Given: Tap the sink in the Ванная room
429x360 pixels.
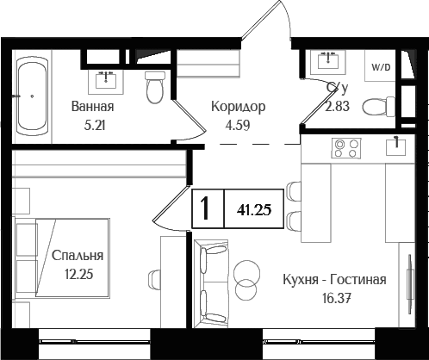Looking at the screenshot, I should tap(107, 78).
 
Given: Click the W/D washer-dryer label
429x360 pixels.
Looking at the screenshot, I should tap(379, 67).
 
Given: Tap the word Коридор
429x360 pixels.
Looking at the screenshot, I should tap(239, 108).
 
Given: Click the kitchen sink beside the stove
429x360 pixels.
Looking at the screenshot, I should tap(395, 147).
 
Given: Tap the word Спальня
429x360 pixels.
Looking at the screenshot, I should tap(78, 256).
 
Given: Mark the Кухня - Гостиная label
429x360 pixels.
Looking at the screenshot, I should tap(334, 281).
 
